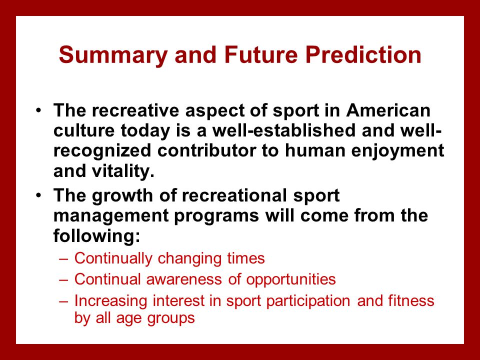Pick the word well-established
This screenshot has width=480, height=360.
[x=284, y=130]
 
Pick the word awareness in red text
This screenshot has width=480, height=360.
[x=184, y=279]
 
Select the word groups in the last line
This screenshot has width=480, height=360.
[x=171, y=319]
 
